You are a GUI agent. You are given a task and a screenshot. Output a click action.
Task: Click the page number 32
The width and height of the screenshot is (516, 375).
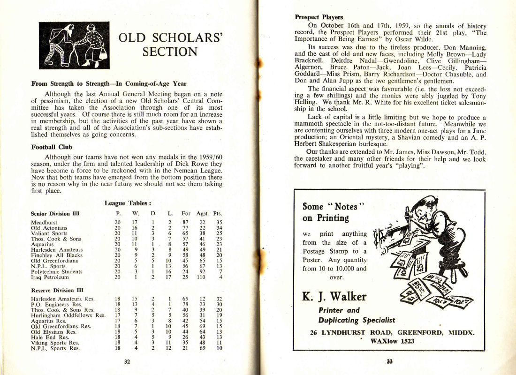[127, 361]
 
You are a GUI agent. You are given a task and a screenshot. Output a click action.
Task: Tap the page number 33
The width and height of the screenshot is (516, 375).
[389, 361]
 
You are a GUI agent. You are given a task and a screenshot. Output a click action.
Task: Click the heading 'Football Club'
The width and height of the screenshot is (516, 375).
[52, 147]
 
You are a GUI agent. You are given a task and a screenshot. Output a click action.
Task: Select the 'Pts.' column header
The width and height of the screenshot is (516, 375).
[217, 213]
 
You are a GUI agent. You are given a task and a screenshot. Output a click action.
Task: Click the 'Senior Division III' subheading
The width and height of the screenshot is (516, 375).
[55, 213]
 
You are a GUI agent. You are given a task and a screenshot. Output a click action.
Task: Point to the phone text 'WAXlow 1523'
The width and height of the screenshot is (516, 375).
[392, 341]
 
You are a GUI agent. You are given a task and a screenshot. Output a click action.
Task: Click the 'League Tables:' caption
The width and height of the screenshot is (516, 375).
[128, 203]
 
